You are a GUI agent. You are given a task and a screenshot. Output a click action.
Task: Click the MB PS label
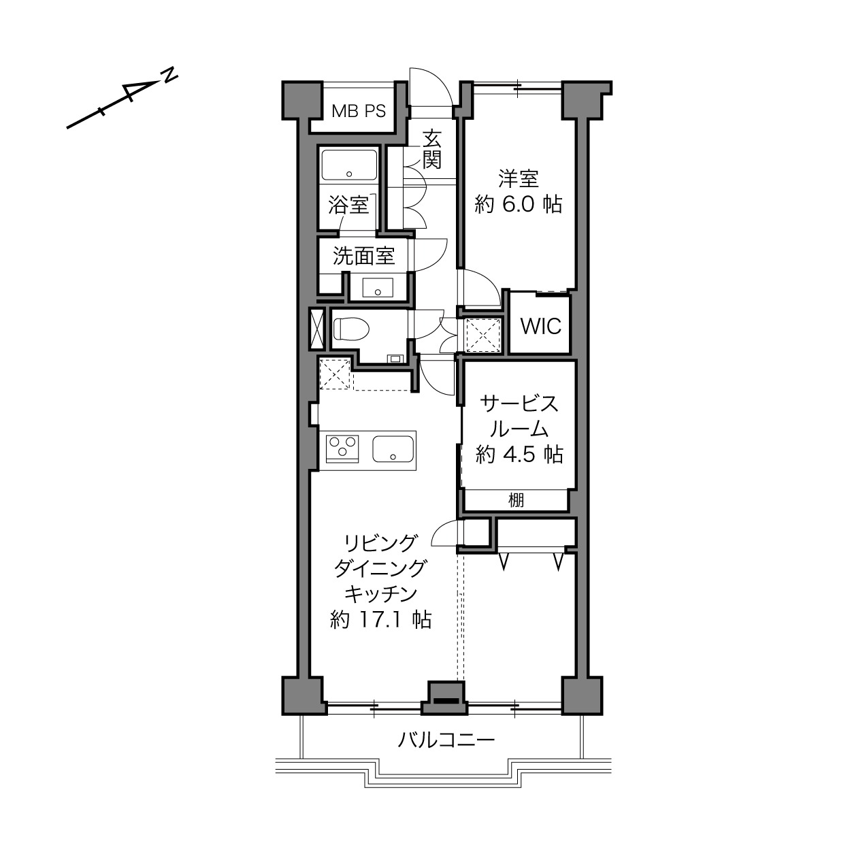359,111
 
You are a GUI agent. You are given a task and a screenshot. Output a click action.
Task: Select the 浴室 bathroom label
348,205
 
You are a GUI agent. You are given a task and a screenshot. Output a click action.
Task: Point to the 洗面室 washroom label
363,256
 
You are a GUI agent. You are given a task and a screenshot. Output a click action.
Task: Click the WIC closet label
541,326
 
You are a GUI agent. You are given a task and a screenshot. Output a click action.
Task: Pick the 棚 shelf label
516,500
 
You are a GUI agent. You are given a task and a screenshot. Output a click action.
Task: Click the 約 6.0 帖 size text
518,205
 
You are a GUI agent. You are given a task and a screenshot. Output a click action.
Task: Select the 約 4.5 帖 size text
519,455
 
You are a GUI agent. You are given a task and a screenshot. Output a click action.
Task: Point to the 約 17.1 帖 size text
380,620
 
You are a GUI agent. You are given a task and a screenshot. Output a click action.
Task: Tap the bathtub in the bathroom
349,165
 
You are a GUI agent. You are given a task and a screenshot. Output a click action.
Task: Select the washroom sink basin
378,288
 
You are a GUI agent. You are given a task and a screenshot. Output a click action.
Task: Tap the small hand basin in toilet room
395,358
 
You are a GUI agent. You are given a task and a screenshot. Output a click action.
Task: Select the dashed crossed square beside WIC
482,335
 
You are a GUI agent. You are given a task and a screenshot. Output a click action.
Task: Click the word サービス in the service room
519,404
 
